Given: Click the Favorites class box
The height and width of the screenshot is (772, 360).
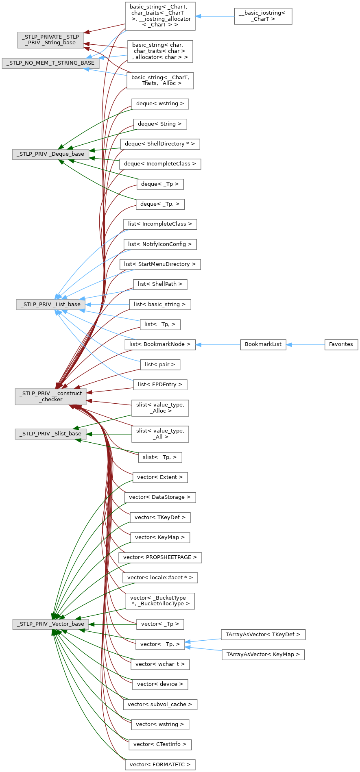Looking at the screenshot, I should tap(341, 344).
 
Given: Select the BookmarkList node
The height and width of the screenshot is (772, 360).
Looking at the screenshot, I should tap(263, 344).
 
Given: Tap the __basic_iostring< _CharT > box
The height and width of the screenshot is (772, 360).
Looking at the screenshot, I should tap(263, 16).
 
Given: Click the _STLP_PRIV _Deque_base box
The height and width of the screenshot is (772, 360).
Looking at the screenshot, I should tap(50, 154).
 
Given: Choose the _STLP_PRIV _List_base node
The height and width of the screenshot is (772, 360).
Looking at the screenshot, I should tap(51, 304).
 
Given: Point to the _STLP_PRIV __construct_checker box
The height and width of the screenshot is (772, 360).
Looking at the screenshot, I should tap(51, 396).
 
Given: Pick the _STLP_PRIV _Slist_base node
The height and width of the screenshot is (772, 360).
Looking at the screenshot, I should tap(51, 434).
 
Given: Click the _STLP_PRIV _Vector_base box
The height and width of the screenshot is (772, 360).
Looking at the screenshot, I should tap(50, 624).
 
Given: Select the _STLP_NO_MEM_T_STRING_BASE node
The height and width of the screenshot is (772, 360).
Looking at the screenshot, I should tap(50, 63).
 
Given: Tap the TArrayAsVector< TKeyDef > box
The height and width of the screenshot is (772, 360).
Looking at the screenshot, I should tap(263, 635).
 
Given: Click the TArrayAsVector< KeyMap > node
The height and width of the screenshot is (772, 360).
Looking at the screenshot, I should tap(263, 655).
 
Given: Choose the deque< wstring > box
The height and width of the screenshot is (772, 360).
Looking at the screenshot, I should tap(160, 104).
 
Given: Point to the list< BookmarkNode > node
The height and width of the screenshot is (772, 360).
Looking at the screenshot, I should tap(160, 344).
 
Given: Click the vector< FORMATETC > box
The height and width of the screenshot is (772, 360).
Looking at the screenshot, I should tap(160, 765).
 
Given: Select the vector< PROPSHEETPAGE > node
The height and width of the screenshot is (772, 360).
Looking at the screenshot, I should tap(160, 557).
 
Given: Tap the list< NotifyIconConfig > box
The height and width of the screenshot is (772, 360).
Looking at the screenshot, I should tap(160, 244).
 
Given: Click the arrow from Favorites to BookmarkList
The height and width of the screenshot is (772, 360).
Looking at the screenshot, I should tap(305, 345).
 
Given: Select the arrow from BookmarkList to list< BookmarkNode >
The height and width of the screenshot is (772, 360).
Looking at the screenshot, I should tap(218, 345).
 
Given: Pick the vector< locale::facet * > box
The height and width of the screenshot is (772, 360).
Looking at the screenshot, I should tap(160, 578).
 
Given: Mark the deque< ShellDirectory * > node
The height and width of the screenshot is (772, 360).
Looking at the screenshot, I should tap(160, 144).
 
